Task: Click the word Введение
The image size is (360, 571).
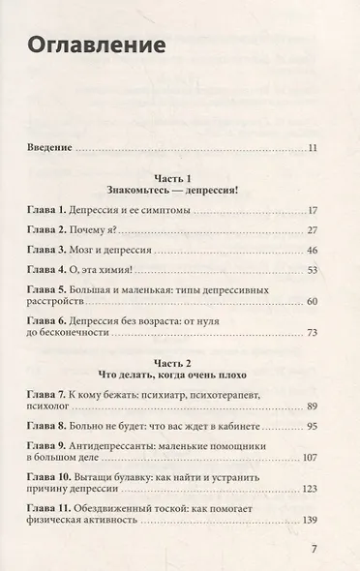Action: pyautogui.click(x=48, y=148)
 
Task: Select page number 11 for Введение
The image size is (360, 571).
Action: pyautogui.click(x=312, y=148)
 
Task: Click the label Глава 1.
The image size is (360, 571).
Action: pyautogui.click(x=49, y=211)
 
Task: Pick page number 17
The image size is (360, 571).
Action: pyautogui.click(x=312, y=211)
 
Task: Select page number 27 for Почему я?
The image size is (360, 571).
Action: pyautogui.click(x=312, y=232)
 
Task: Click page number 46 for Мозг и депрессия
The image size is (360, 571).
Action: pyautogui.click(x=312, y=254)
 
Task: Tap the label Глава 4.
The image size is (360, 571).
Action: pyautogui.click(x=49, y=275)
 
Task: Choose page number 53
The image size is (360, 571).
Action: pyautogui.click(x=312, y=275)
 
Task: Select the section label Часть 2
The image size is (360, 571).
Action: pyautogui.click(x=181, y=369)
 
